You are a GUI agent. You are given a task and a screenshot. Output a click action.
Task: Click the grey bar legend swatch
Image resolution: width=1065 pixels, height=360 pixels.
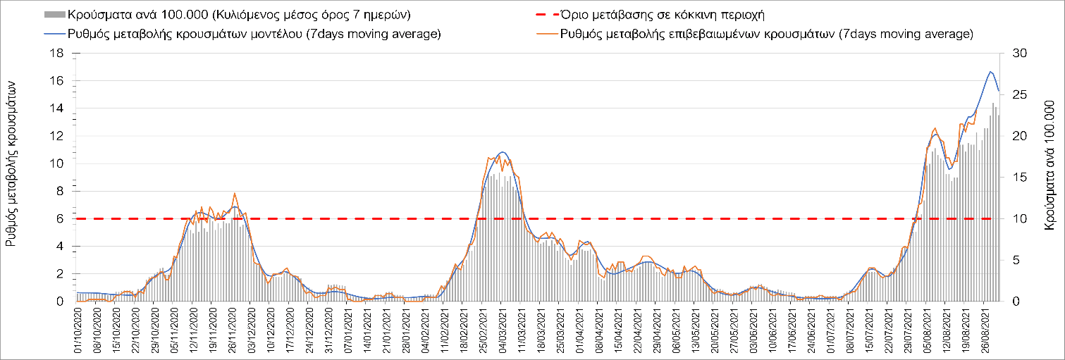[x=53, y=14]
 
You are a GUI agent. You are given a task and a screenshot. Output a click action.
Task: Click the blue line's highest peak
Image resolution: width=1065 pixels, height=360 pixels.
[x=991, y=72]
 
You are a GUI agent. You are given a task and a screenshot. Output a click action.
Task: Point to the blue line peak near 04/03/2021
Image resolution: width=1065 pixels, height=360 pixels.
[x=502, y=152]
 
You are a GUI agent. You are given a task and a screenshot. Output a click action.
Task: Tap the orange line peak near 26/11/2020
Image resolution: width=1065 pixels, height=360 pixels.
[x=235, y=193]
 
